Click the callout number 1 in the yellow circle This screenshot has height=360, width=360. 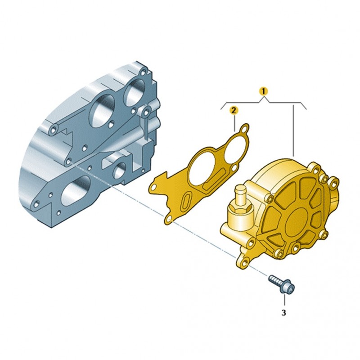point(264,91)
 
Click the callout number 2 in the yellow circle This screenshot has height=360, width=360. point(233,111)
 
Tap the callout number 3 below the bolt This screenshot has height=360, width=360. point(284,313)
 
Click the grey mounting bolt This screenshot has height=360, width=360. point(282,284)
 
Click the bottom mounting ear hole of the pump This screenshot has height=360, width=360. point(245,263)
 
